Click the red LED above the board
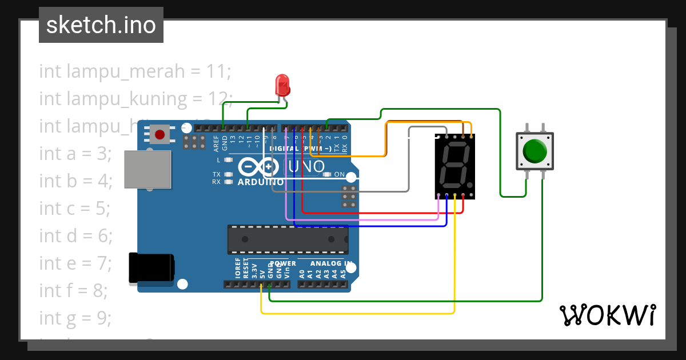[x=282, y=85]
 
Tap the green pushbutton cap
[x=535, y=151]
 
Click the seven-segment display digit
[x=454, y=166]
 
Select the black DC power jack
[x=151, y=268]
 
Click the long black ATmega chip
[x=288, y=239]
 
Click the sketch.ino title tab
[x=101, y=25]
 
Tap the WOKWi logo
[x=608, y=315]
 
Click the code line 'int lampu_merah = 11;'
[x=135, y=71]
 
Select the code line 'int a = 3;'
[x=75, y=154]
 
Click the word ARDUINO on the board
[x=256, y=182]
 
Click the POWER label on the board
[x=283, y=263]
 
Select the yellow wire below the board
[x=354, y=313]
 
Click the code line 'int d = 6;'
[x=75, y=235]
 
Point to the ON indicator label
[x=339, y=174]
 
